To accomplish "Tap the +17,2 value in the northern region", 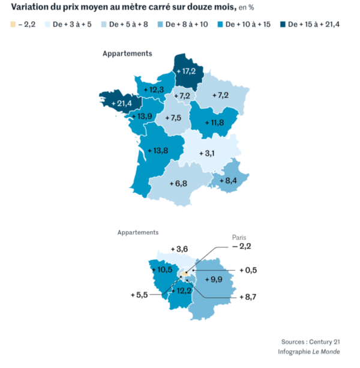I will pyautogui.click(x=186, y=71).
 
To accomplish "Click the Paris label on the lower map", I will pyautogui.click(x=240, y=238).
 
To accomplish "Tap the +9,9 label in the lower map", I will pyautogui.click(x=214, y=280).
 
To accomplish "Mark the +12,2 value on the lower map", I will pyautogui.click(x=181, y=291).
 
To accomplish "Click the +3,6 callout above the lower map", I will pyautogui.click(x=179, y=249).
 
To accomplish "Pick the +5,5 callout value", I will pyautogui.click(x=140, y=295).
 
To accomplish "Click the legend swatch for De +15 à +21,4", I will pyautogui.click(x=282, y=25).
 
